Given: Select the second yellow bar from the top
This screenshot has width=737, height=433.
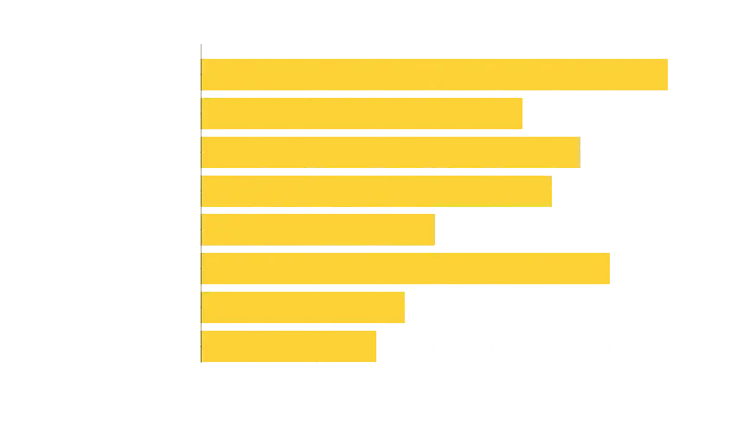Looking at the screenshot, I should point(363,114).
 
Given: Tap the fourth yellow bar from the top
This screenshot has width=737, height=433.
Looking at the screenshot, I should point(377,191).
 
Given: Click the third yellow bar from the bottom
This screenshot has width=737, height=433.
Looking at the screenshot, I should point(407,268).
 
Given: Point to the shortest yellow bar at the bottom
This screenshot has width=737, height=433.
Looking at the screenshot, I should point(290,346).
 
